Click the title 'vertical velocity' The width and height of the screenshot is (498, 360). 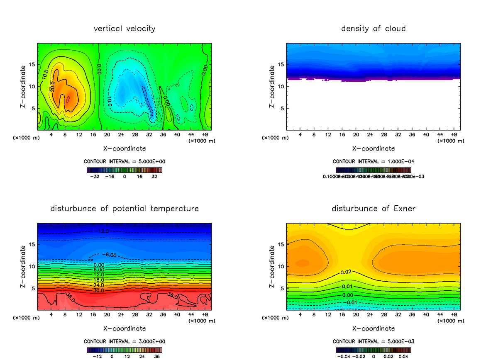point(124,29)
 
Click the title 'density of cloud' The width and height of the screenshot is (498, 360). point(373,29)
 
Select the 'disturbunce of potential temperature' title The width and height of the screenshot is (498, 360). point(124,208)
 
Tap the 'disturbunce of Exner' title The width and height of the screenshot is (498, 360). point(373,208)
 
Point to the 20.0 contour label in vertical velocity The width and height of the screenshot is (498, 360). point(53,88)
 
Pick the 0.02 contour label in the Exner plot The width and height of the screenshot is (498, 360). point(346,272)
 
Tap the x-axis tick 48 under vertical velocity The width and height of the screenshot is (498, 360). point(205,135)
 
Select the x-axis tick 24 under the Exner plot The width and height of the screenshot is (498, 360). point(370,315)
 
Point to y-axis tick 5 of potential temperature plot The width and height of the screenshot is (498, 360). point(33,288)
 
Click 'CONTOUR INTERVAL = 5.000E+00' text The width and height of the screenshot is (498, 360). point(124,161)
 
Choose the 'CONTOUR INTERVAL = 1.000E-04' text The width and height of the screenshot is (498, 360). point(373,161)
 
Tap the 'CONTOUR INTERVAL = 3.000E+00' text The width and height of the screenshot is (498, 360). point(124,341)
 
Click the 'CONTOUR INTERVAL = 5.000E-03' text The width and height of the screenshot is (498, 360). point(373,341)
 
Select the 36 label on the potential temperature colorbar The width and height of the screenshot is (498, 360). point(157,356)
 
